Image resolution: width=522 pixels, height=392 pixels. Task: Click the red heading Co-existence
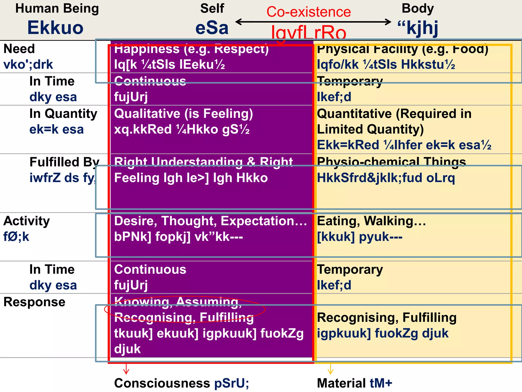pyautogui.click(x=309, y=12)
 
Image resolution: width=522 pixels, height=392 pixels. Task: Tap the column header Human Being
pyautogui.click(x=57, y=8)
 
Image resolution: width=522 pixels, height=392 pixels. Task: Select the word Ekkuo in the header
pyautogui.click(x=55, y=28)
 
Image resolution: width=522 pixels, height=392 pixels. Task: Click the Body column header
pyautogui.click(x=417, y=8)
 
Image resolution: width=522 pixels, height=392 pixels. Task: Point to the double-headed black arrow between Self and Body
pyautogui.click(x=313, y=22)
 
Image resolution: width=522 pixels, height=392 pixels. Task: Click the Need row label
pyautogui.click(x=19, y=48)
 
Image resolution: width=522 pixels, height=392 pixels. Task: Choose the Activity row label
pyautogui.click(x=27, y=221)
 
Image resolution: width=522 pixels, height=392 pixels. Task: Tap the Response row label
pyautogui.click(x=34, y=302)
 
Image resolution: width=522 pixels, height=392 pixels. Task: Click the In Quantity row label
pyautogui.click(x=63, y=114)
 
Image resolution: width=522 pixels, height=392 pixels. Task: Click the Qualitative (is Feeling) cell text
pyautogui.click(x=184, y=114)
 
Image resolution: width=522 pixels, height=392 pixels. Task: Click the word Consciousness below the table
pyautogui.click(x=162, y=383)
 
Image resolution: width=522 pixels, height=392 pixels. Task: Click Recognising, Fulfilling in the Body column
pyautogui.click(x=387, y=318)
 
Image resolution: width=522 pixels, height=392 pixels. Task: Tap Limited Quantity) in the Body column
pyautogui.click(x=370, y=129)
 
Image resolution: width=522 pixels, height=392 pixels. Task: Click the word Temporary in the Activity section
pyautogui.click(x=350, y=269)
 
